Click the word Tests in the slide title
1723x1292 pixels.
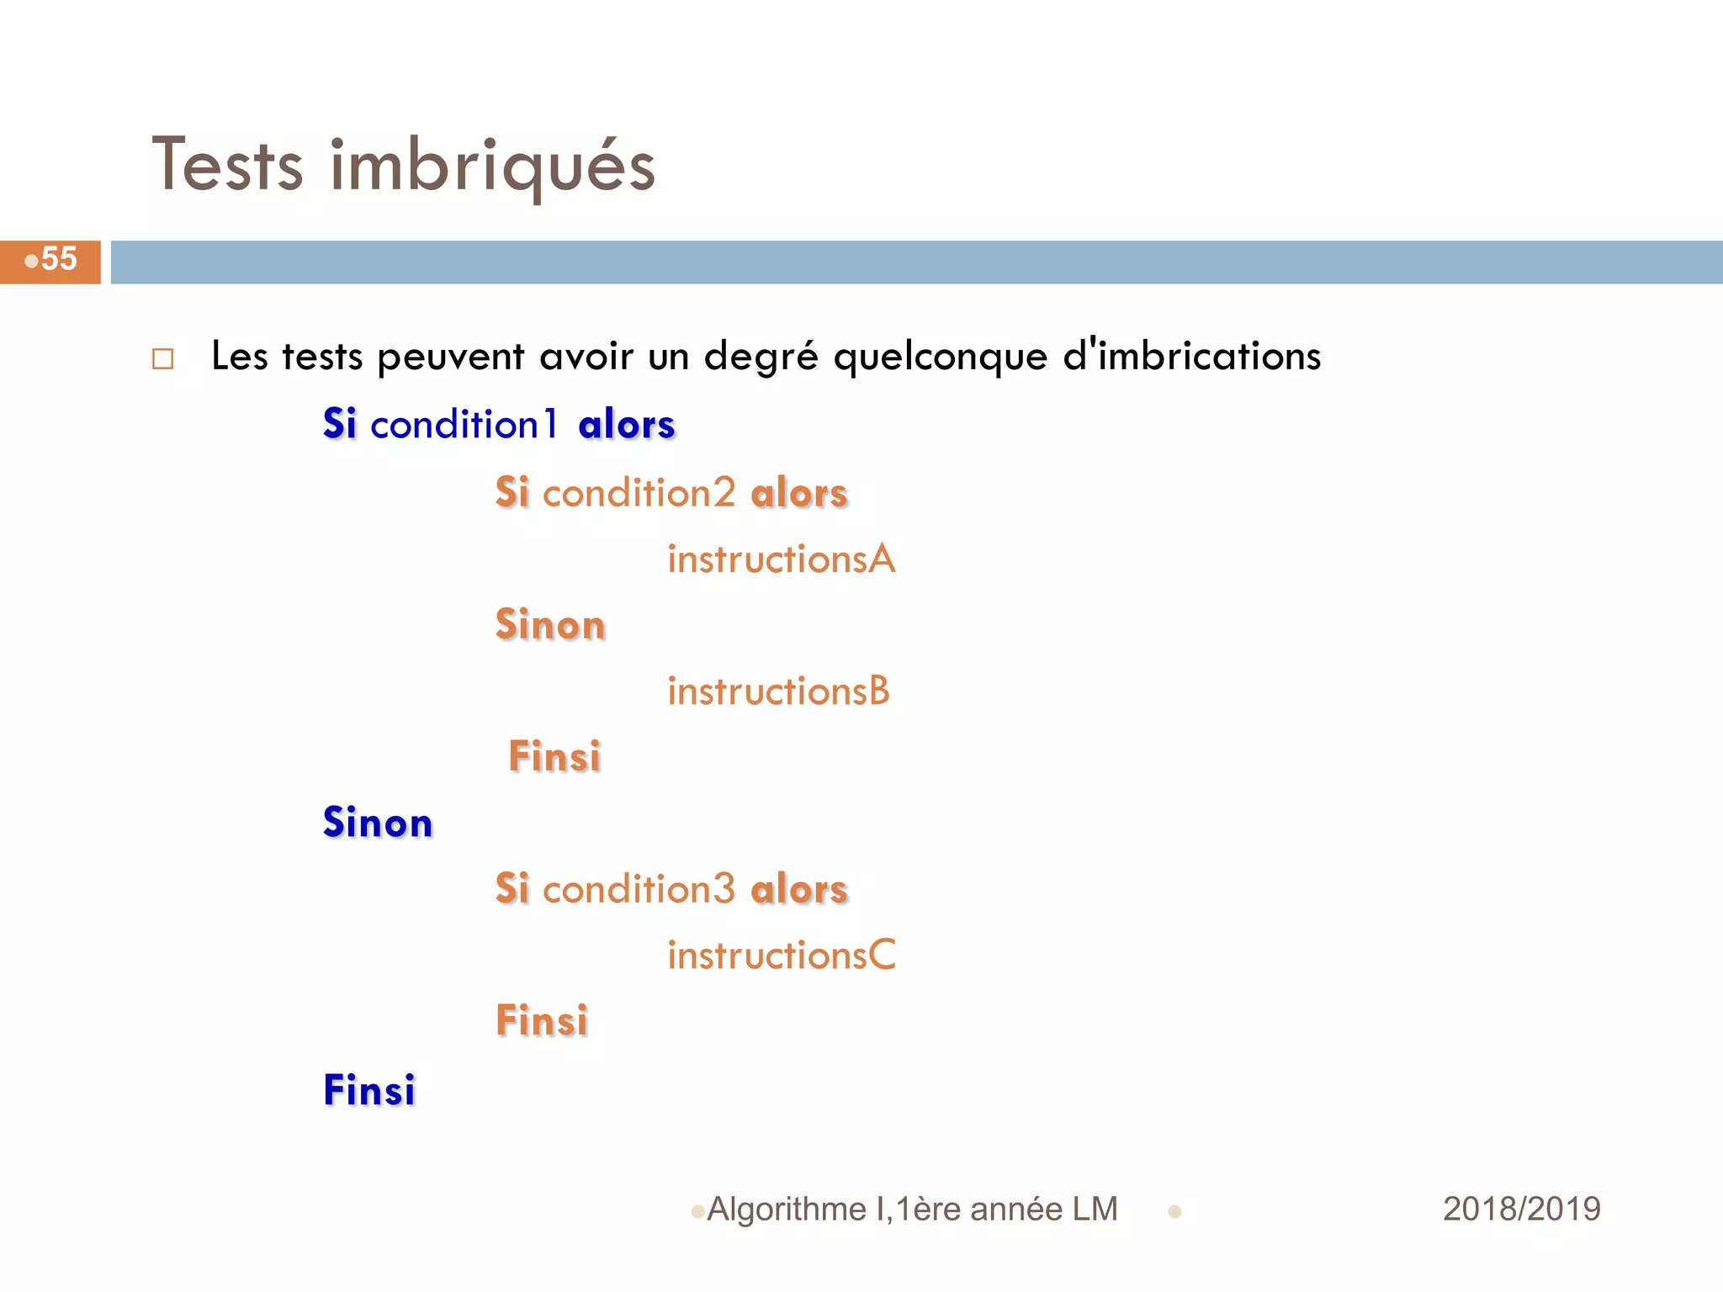pyautogui.click(x=227, y=165)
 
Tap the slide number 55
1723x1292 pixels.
pyautogui.click(x=58, y=259)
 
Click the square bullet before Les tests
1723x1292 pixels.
pyautogui.click(x=162, y=359)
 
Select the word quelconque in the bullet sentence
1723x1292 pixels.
pyautogui.click(x=940, y=357)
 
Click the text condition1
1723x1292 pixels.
pyautogui.click(x=464, y=425)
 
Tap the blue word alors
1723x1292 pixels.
pyautogui.click(x=627, y=425)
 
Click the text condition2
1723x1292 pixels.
pyautogui.click(x=639, y=493)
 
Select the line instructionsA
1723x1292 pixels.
pyautogui.click(x=781, y=559)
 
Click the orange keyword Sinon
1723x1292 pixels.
pyautogui.click(x=550, y=625)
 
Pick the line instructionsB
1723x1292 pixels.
pyautogui.click(x=778, y=691)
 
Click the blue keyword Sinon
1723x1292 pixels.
pyautogui.click(x=378, y=823)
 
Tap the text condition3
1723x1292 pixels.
pyautogui.click(x=639, y=890)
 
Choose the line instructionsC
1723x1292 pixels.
pyautogui.click(x=781, y=956)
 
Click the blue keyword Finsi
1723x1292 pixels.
pyautogui.click(x=369, y=1090)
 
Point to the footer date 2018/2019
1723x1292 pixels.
pyautogui.click(x=1521, y=1210)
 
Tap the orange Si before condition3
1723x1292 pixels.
pyautogui.click(x=512, y=890)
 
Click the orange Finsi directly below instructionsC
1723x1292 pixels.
pyautogui.click(x=542, y=1021)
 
